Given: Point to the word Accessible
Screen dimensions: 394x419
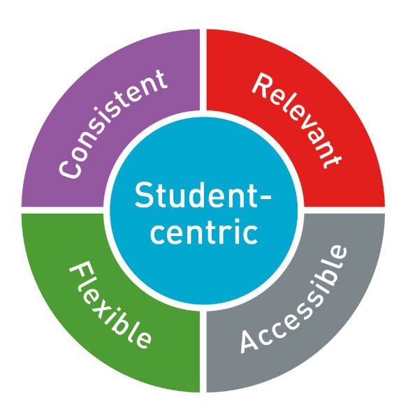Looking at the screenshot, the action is click(x=294, y=299).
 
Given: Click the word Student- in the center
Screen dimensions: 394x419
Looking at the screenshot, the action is click(x=203, y=195).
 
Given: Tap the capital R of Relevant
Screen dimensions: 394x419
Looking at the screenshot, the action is click(x=263, y=85).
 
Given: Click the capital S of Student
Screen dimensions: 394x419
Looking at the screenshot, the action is click(x=143, y=196).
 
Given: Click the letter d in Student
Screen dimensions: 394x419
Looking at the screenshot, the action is click(x=199, y=196).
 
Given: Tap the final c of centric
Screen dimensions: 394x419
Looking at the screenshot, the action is click(x=251, y=235).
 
